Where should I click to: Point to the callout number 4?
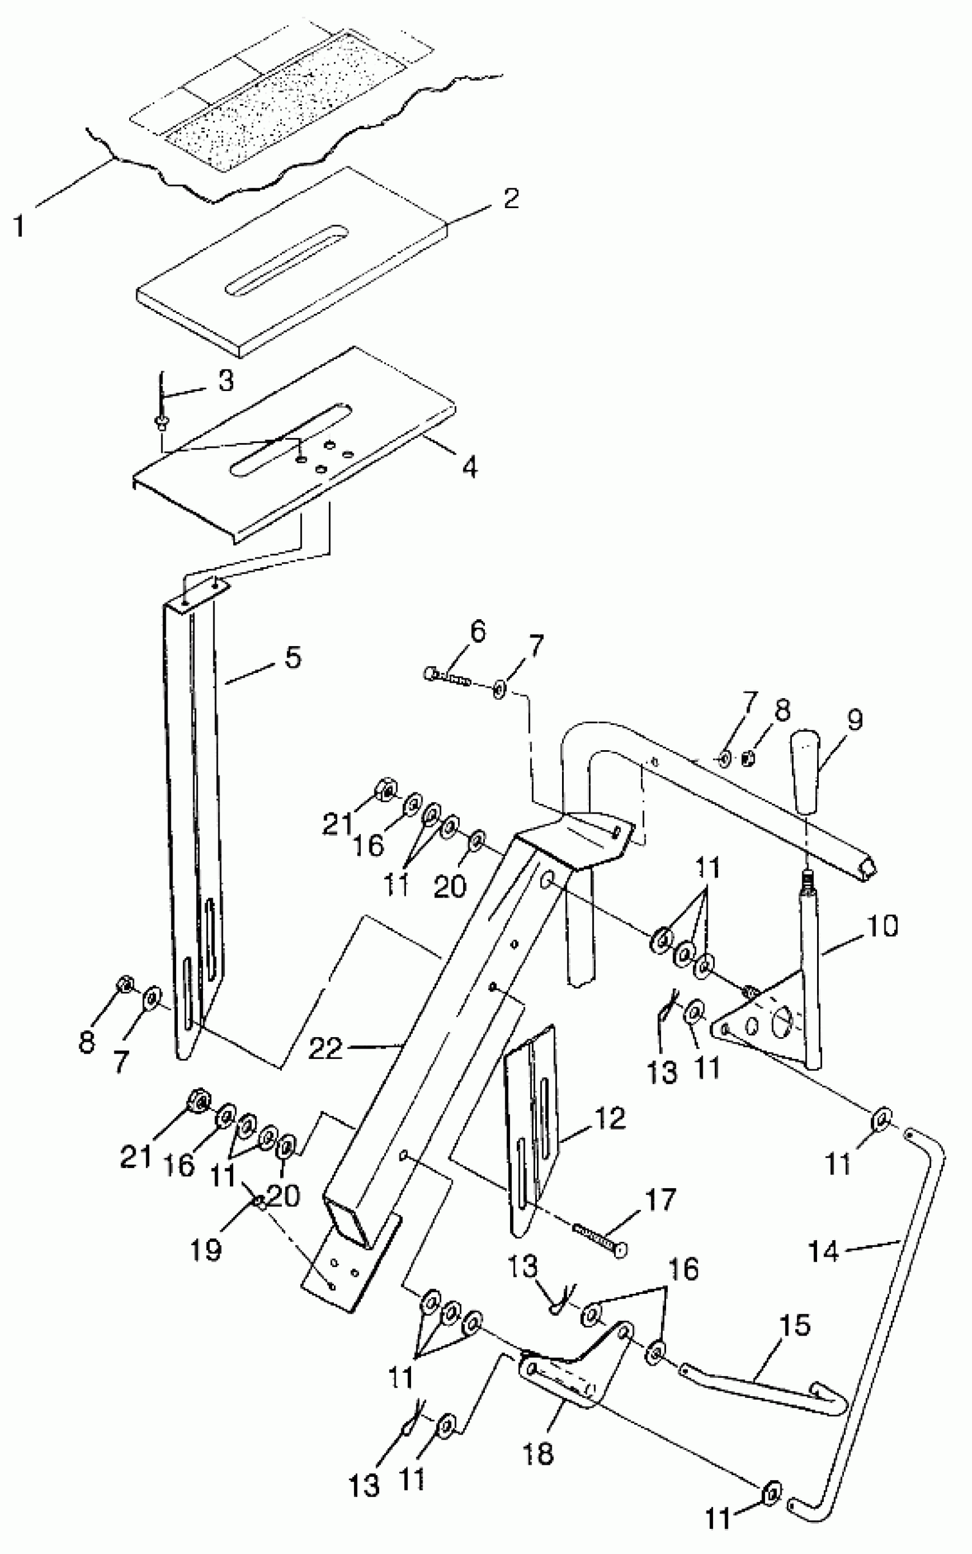click(470, 467)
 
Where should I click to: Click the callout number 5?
click(293, 658)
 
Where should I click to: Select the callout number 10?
click(883, 926)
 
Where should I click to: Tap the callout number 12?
click(610, 1119)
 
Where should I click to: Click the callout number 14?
click(823, 1252)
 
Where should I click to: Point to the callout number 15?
click(795, 1326)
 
